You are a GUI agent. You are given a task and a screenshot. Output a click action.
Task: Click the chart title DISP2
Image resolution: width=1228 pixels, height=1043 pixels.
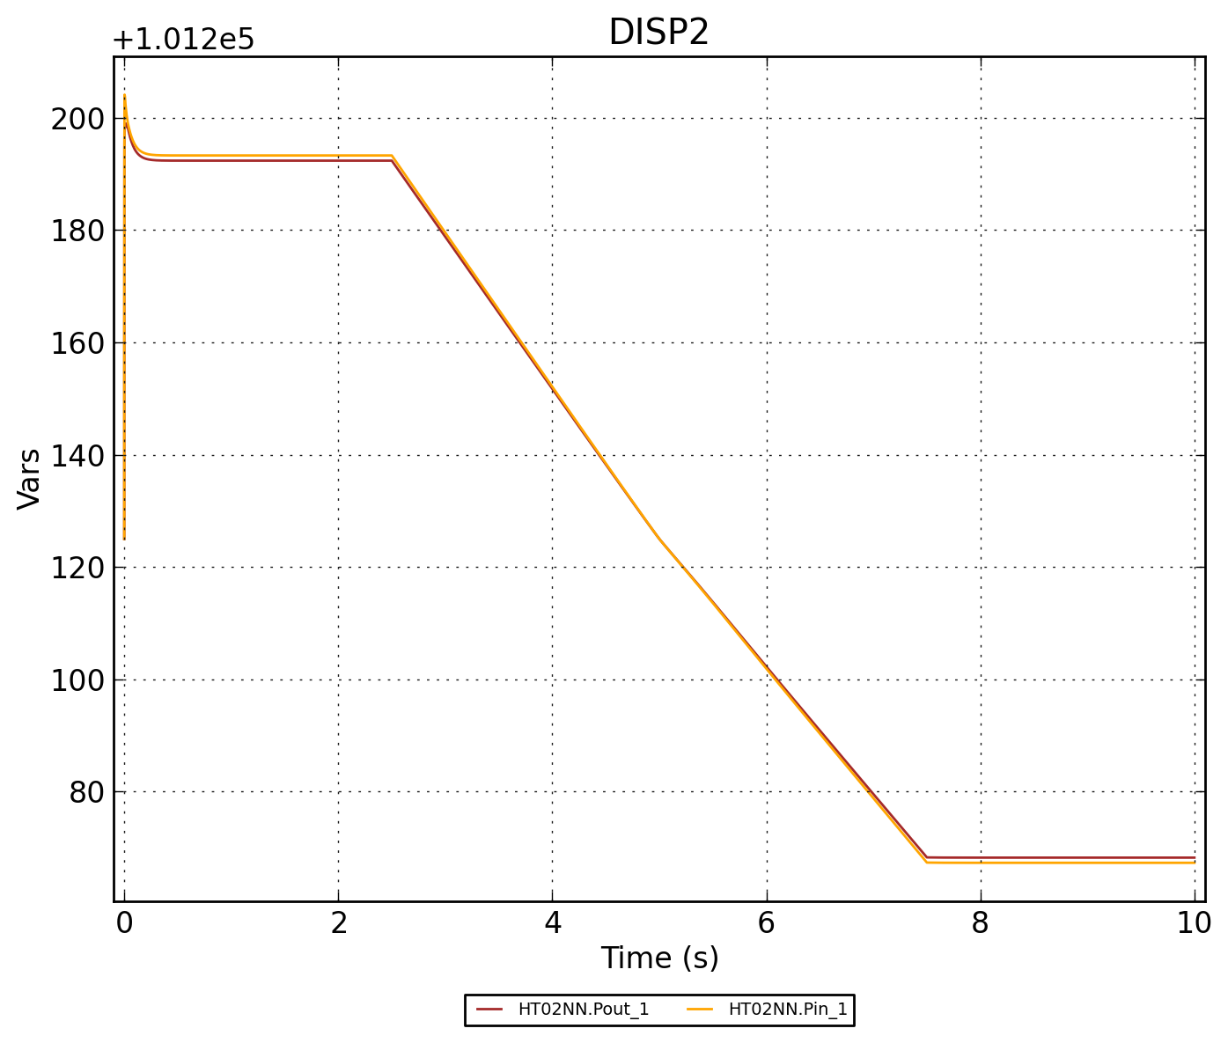pyautogui.click(x=658, y=33)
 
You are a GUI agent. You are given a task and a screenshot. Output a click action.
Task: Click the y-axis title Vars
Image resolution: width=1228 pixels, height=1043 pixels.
pyautogui.click(x=29, y=479)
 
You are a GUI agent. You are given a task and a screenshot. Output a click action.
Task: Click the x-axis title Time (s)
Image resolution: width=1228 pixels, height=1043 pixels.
pyautogui.click(x=659, y=958)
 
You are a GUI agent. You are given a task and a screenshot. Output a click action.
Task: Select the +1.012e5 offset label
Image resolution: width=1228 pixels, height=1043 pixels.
pyautogui.click(x=183, y=40)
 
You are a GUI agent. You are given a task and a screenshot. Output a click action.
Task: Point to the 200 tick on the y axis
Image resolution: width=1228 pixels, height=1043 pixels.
pyautogui.click(x=77, y=119)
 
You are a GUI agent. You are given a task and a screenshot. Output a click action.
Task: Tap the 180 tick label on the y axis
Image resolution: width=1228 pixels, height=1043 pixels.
pyautogui.click(x=77, y=231)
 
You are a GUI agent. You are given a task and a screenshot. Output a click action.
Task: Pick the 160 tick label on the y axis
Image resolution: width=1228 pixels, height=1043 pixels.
pyautogui.click(x=77, y=343)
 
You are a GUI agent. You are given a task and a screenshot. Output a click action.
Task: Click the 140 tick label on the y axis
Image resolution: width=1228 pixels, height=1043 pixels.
pyautogui.click(x=77, y=456)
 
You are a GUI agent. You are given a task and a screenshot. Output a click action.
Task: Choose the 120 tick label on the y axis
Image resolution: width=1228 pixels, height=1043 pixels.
pyautogui.click(x=77, y=568)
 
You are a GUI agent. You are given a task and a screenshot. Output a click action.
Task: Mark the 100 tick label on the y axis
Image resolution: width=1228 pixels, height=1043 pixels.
pyautogui.click(x=77, y=680)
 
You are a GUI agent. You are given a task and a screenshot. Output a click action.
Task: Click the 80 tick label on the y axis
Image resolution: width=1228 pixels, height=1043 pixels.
pyautogui.click(x=86, y=792)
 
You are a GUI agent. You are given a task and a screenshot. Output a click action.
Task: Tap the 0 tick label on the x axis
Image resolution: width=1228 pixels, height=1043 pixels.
pyautogui.click(x=124, y=923)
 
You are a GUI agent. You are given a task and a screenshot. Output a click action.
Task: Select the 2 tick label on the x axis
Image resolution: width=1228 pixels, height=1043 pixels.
pyautogui.click(x=338, y=923)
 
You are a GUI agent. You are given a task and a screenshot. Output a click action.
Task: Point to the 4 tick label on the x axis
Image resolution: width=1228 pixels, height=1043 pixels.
pyautogui.click(x=552, y=923)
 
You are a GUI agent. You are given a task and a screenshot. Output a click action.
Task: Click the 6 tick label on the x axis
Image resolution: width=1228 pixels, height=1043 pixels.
pyautogui.click(x=766, y=923)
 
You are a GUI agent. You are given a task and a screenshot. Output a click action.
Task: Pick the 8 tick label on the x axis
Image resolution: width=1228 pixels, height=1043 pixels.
pyautogui.click(x=980, y=923)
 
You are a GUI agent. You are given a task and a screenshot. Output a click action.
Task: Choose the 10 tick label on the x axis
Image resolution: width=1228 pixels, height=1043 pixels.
pyautogui.click(x=1194, y=923)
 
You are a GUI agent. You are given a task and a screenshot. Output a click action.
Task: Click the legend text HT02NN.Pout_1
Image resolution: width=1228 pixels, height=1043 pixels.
pyautogui.click(x=584, y=1010)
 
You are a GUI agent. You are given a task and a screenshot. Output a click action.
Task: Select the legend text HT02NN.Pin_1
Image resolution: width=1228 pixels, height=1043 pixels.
pyautogui.click(x=788, y=1010)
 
